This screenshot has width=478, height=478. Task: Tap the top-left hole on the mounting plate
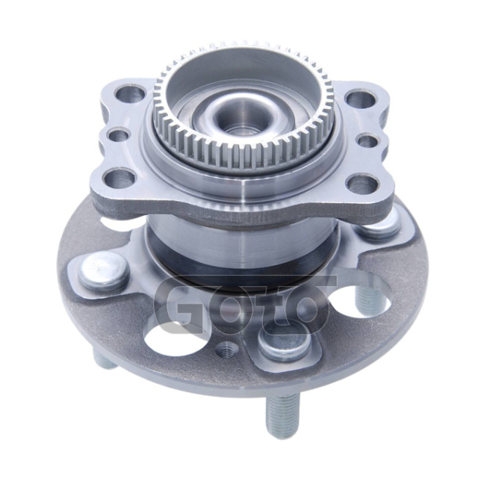[131, 94]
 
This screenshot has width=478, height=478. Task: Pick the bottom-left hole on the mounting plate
[120, 179]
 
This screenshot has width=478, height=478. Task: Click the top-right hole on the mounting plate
[358, 99]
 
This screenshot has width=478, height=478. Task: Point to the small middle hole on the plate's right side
[367, 140]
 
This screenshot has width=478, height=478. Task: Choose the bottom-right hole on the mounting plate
[361, 184]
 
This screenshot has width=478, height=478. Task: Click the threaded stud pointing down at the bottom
[282, 414]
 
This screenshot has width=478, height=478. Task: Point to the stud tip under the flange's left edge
[104, 359]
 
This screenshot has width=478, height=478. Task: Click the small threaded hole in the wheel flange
[224, 348]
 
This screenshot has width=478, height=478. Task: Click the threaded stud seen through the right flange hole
[367, 299]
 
